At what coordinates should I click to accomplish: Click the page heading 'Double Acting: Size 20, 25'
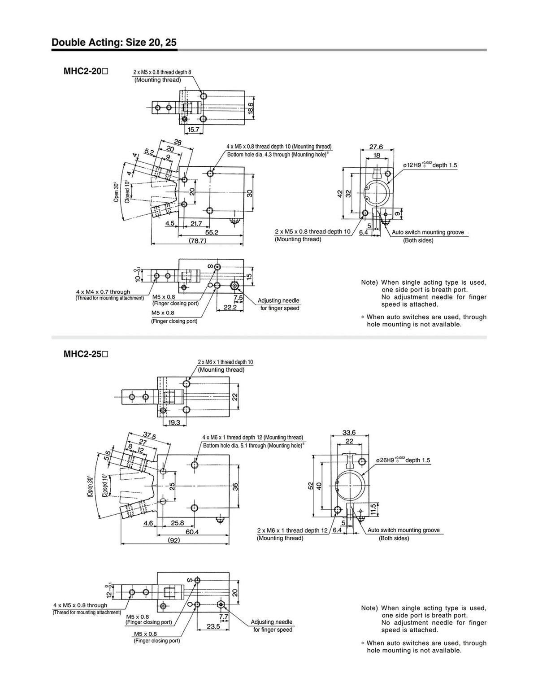click(114, 43)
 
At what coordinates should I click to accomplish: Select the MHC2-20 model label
click(86, 71)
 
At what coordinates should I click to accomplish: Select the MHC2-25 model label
click(86, 354)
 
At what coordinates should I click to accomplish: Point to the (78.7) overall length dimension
click(197, 240)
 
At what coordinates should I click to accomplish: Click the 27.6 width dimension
click(376, 147)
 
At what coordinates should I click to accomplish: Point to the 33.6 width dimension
click(349, 432)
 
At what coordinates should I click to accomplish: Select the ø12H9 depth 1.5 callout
click(430, 165)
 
